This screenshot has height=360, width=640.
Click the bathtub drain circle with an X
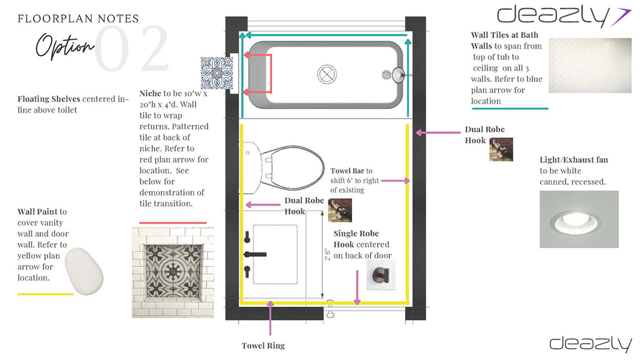pyautogui.click(x=327, y=74)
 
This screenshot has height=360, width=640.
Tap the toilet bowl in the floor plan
pyautogui.click(x=292, y=167)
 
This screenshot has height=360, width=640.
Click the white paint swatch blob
pyautogui.click(x=84, y=271)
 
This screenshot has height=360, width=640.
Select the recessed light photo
pyautogui.click(x=579, y=219)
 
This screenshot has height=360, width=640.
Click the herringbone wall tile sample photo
pyautogui.click(x=590, y=66)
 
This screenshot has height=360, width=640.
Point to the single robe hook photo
pyautogui.click(x=381, y=275)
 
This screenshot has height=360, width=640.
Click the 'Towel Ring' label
pyautogui.click(x=263, y=346)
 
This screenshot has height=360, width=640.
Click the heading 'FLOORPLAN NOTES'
pyautogui.click(x=78, y=19)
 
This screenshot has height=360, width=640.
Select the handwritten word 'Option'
pyautogui.click(x=65, y=46)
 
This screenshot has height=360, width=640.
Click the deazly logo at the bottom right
pyautogui.click(x=591, y=344)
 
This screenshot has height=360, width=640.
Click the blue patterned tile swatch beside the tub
pyautogui.click(x=217, y=73)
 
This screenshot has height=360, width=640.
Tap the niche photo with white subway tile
pyautogui.click(x=172, y=272)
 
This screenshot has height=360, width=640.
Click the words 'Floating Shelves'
pyautogui.click(x=49, y=99)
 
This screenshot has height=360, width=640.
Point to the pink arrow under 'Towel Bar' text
pyautogui.click(x=395, y=181)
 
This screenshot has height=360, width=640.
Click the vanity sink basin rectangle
pyautogui.click(x=275, y=254)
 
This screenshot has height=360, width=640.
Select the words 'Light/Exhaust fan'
pyautogui.click(x=574, y=159)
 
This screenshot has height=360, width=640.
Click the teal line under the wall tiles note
pyautogui.click(x=510, y=109)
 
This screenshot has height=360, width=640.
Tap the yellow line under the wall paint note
pyautogui.click(x=45, y=294)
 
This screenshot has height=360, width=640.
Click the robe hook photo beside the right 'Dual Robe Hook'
pyautogui.click(x=501, y=149)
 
